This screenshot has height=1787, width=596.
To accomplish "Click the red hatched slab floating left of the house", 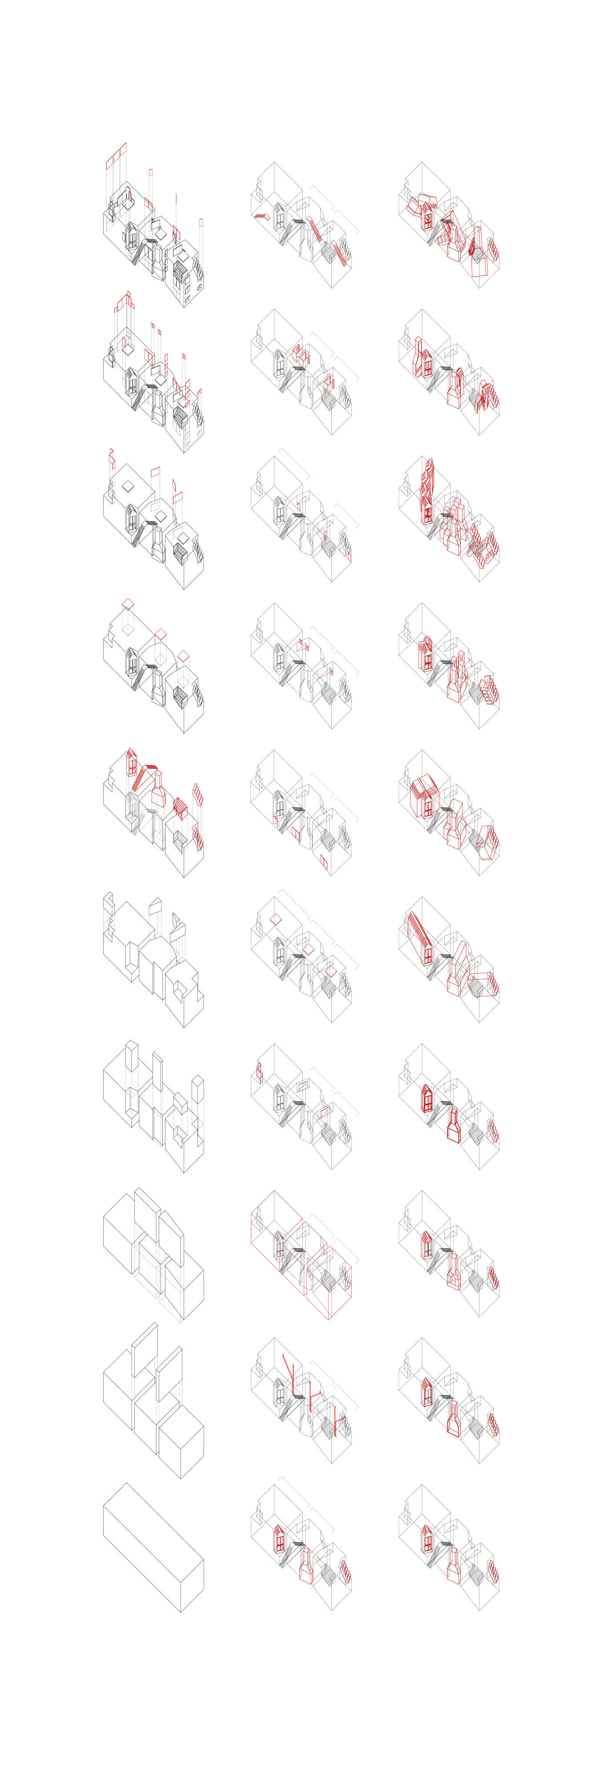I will (x=262, y=216).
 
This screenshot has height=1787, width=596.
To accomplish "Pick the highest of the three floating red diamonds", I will (x=128, y=604).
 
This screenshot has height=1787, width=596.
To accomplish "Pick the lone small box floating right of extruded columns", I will (x=198, y=1089).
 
